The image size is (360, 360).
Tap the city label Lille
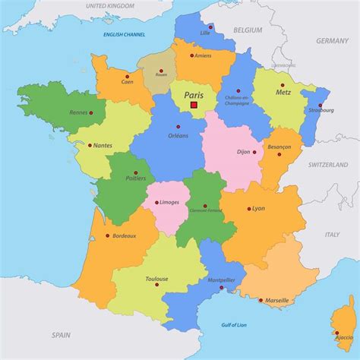coord(205,33)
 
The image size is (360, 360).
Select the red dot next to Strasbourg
coord(321,104)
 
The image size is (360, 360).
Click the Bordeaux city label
coord(124,236)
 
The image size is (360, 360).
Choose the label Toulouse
coord(156,279)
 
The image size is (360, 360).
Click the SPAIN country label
coord(62,334)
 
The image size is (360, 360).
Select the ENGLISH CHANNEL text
coord(124,36)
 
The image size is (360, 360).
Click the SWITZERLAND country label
coord(327,164)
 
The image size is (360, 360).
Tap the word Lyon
coord(258,208)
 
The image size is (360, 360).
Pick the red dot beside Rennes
coord(91,113)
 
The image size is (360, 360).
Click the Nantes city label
coord(102,146)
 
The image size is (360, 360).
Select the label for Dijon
coord(242,152)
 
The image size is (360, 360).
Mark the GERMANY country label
coord(332,40)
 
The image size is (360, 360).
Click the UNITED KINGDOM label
coord(109,6)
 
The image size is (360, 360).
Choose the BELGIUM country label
coord(248,30)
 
